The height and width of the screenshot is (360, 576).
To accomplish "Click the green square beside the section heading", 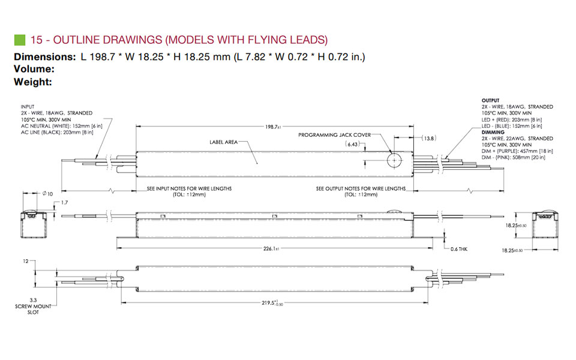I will click(x=19, y=40).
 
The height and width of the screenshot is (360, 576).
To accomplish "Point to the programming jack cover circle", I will click(x=394, y=161).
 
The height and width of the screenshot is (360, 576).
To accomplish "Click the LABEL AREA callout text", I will click(x=223, y=142).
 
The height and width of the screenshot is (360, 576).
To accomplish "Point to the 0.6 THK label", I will click(x=458, y=249).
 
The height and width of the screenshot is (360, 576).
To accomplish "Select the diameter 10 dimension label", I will click(x=47, y=193).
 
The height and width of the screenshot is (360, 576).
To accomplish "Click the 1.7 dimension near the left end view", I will click(x=65, y=203).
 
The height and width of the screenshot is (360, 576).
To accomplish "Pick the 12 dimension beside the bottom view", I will click(x=25, y=262).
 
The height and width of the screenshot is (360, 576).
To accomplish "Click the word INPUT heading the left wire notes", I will click(x=28, y=107).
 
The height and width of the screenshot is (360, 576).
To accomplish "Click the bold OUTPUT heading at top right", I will click(x=491, y=100).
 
